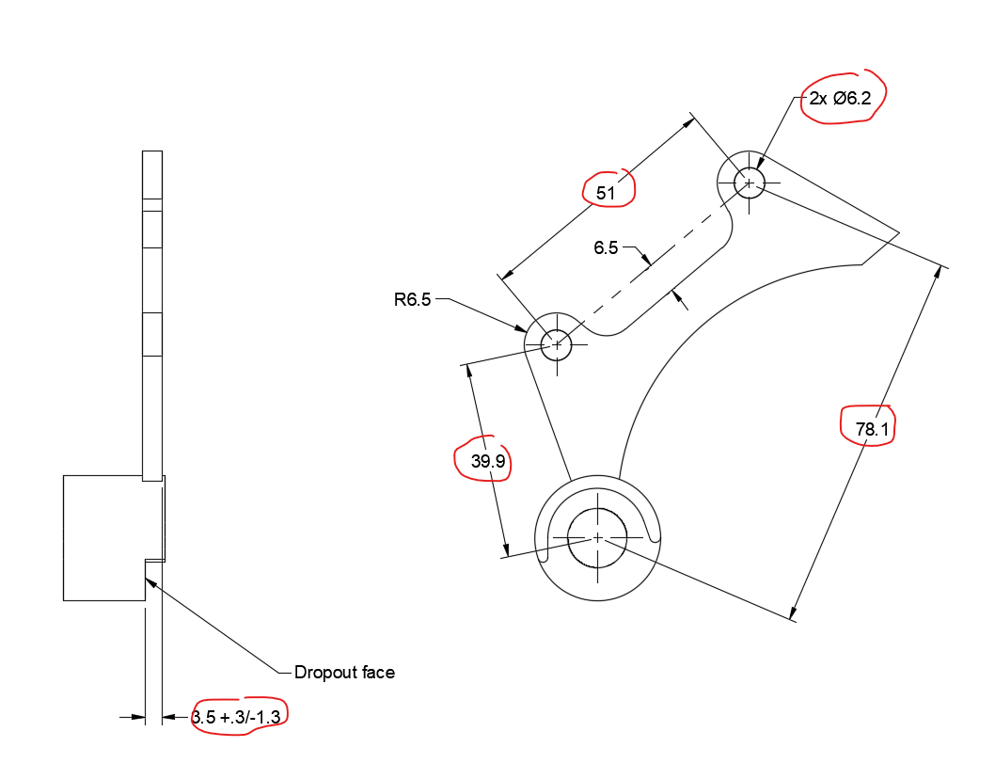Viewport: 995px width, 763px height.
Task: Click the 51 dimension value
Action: click(607, 194)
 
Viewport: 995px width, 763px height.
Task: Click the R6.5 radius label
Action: click(412, 300)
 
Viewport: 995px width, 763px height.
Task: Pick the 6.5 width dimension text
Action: click(606, 248)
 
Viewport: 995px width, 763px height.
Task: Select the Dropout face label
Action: click(344, 673)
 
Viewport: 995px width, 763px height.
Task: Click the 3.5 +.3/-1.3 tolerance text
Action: click(239, 718)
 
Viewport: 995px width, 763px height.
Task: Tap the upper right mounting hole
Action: click(749, 182)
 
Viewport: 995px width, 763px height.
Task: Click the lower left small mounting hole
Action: click(557, 344)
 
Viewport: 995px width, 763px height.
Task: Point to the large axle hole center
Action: click(597, 537)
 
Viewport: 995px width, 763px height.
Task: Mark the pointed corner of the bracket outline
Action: click(900, 230)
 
